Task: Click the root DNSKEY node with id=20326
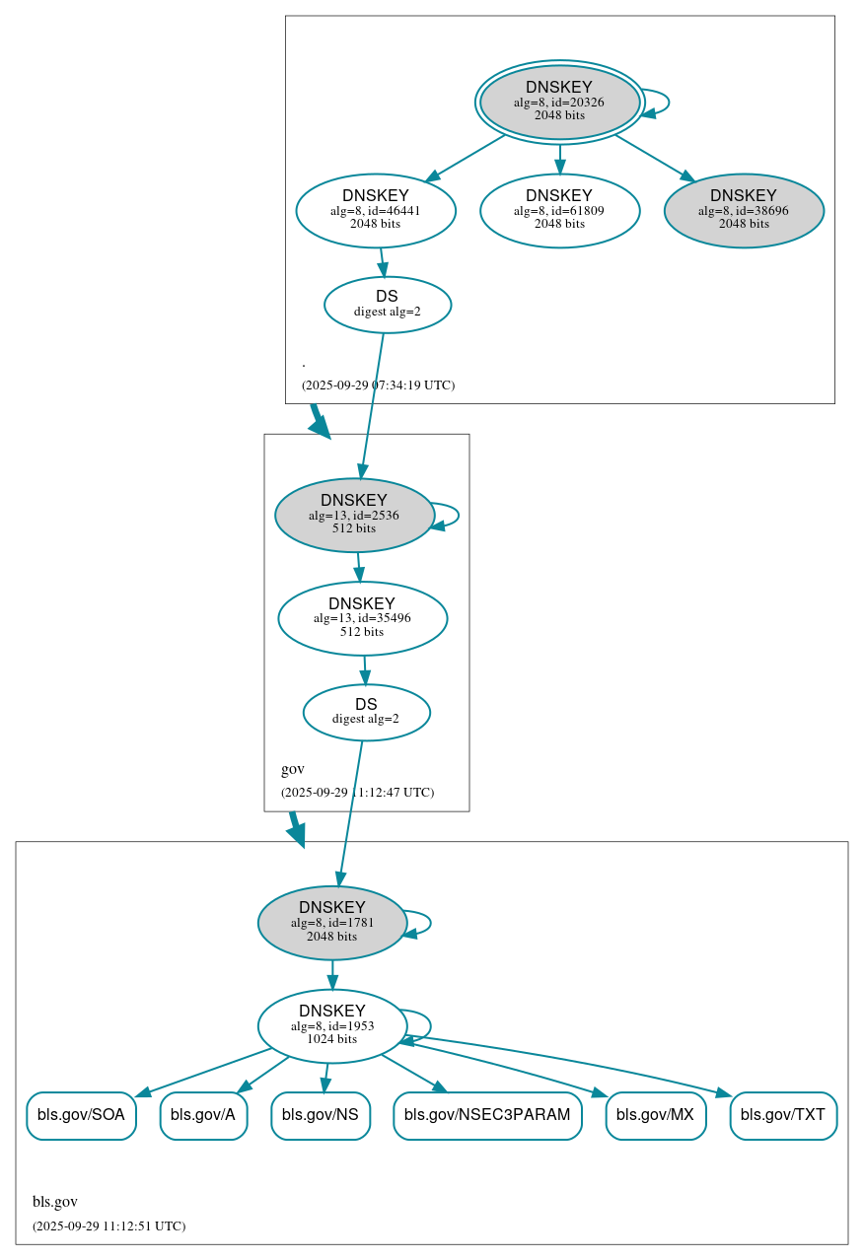(559, 102)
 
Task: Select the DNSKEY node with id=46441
(376, 210)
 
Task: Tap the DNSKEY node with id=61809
(559, 210)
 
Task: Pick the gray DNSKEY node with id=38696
(744, 210)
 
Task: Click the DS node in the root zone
(388, 305)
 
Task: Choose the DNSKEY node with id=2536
(354, 515)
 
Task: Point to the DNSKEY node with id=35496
(362, 618)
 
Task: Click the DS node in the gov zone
(366, 712)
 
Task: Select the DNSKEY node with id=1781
(332, 923)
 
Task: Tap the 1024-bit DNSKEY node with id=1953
(332, 1025)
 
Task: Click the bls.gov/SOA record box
(81, 1115)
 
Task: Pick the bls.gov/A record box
(203, 1115)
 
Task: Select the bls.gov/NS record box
(321, 1115)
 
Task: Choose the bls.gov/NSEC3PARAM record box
(487, 1115)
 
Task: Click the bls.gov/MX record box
(655, 1115)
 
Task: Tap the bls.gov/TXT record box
(783, 1115)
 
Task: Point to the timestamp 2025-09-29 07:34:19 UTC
(378, 385)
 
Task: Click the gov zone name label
(293, 769)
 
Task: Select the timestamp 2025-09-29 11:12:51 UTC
(108, 1226)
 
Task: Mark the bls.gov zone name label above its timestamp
(55, 1202)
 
